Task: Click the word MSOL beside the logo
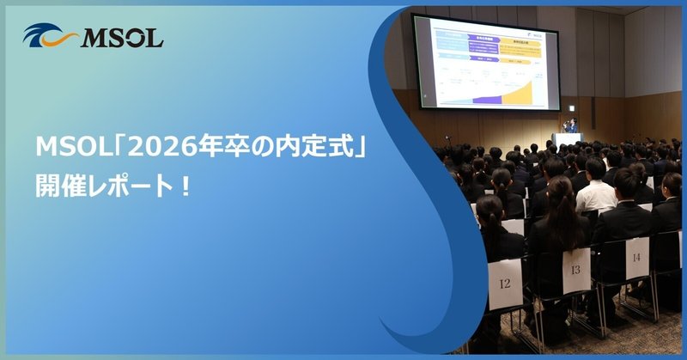[x=120, y=38]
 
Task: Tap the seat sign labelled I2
[x=505, y=284]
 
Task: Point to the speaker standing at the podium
[x=568, y=125]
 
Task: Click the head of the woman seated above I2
[x=489, y=211]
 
